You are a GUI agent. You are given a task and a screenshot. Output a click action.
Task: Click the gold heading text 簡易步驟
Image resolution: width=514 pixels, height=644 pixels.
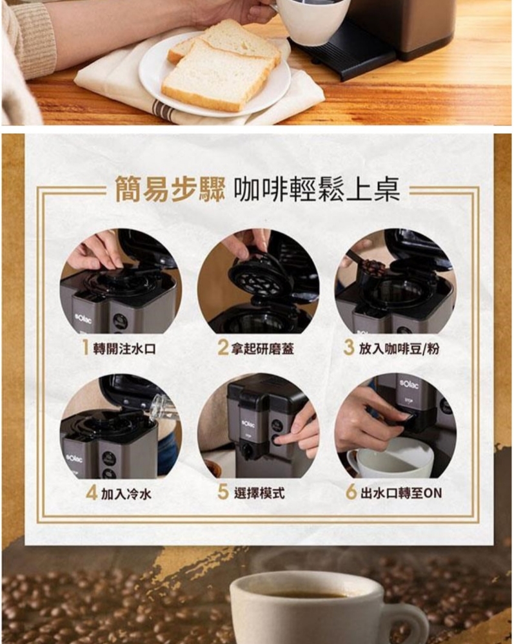point(170,189)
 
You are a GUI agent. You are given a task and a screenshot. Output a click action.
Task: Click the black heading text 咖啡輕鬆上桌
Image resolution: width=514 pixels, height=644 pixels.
point(317,189)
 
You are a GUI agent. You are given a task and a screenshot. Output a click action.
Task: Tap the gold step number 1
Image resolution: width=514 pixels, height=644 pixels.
point(85,348)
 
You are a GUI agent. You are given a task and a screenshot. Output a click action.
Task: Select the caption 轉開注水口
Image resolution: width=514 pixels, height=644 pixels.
point(124,349)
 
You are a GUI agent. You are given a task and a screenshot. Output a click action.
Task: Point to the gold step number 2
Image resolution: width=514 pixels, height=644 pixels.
point(222,348)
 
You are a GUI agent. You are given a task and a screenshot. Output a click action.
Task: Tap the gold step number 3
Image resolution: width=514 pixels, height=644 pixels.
point(349,348)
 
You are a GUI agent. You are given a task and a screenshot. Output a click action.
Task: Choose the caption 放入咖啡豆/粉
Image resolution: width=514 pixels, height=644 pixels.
point(399,349)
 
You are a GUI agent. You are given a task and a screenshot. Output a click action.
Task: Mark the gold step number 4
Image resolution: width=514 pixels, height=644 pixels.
point(92,493)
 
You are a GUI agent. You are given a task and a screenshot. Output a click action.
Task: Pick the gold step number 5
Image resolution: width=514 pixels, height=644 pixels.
point(223,493)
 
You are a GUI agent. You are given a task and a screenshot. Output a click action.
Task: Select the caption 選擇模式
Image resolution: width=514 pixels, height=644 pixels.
point(259,493)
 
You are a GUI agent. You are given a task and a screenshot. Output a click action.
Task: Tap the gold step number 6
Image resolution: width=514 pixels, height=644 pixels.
point(351,493)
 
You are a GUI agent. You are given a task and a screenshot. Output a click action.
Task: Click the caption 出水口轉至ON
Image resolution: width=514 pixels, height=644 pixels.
point(401,493)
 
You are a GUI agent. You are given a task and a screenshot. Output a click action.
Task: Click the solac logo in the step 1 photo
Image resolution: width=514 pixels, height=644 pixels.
point(83,319)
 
